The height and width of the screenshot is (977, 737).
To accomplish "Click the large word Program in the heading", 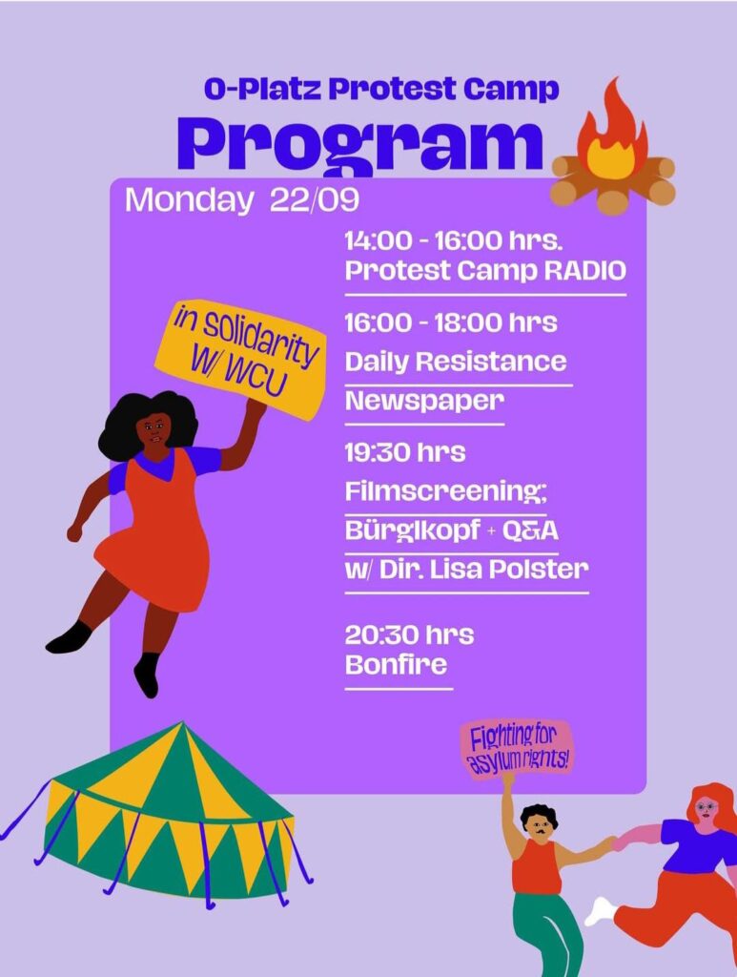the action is tap(359, 146).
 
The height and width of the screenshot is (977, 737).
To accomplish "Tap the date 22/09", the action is tap(315, 200).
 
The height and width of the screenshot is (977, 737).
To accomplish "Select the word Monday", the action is tap(189, 201).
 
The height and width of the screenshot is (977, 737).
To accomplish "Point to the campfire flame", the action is tap(612, 134).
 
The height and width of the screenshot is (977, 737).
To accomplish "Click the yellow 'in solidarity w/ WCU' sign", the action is tap(242, 359).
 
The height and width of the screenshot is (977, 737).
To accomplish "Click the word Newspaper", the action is tap(424, 401).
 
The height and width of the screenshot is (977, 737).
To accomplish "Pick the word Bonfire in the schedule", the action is tap(396, 664).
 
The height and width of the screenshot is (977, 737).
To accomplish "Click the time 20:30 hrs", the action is tap(409, 634).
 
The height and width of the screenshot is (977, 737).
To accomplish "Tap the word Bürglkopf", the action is tap(413, 530).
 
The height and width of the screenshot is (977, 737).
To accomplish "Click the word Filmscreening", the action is tap(445, 491).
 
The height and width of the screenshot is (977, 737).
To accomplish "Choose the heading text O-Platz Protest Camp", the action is tap(381, 89).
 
